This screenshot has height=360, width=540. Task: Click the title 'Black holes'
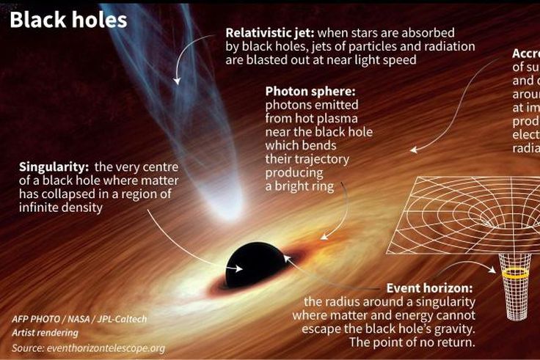[68, 19]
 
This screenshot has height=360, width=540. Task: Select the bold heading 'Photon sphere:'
[310, 92]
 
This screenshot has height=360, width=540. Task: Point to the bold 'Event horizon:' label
[429, 288]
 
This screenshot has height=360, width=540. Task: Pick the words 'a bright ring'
[299, 186]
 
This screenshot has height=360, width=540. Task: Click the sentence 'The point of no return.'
[412, 342]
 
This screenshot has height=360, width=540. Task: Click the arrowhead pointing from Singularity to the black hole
[238, 268]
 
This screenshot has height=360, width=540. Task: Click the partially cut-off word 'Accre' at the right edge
[525, 54]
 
